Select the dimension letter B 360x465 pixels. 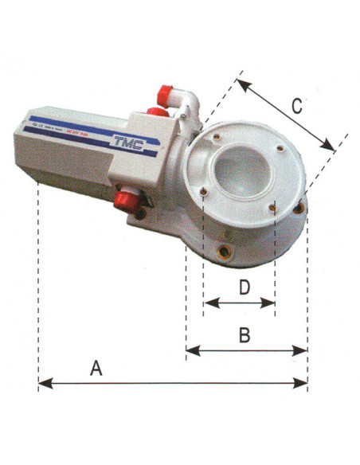246,335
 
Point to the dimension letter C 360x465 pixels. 296,105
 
